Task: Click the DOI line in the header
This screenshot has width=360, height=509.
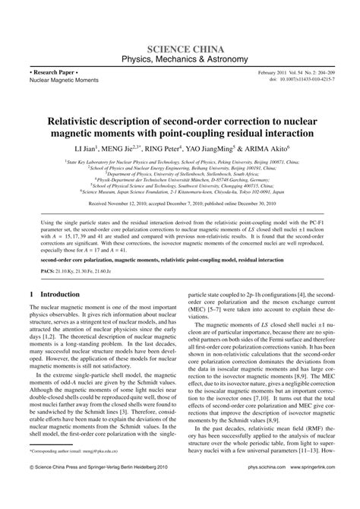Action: pos(302,78)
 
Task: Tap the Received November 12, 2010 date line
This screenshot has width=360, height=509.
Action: pos(179,204)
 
